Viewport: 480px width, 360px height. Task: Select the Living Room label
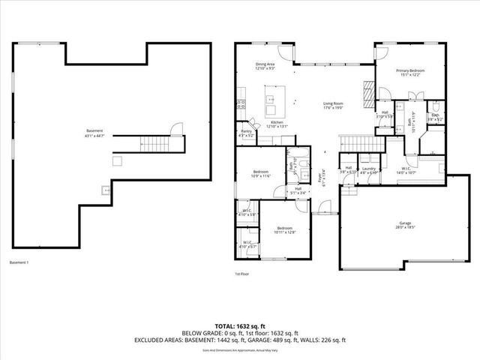pyautogui.click(x=333, y=105)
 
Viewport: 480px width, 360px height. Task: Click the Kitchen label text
pyautogui.click(x=277, y=124)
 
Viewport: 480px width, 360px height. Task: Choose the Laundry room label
pyautogui.click(x=368, y=170)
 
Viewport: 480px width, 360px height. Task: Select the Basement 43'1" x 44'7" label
pyautogui.click(x=94, y=133)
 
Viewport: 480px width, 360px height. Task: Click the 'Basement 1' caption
pyautogui.click(x=19, y=262)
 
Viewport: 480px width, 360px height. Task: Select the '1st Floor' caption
pyautogui.click(x=242, y=274)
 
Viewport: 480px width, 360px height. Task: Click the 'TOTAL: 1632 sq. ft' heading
pyautogui.click(x=239, y=326)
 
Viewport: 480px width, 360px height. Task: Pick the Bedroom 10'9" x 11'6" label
pyautogui.click(x=260, y=174)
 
